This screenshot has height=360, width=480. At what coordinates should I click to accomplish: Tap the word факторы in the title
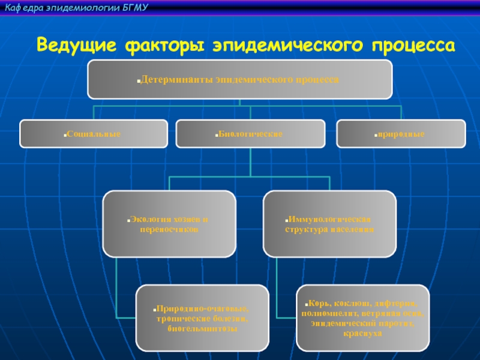click(159, 45)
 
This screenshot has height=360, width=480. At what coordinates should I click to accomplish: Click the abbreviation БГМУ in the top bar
click(134, 7)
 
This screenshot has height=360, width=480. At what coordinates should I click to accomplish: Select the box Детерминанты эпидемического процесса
click(239, 79)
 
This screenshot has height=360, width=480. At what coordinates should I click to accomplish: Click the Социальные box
click(94, 133)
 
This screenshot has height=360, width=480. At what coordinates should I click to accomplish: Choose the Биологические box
click(250, 133)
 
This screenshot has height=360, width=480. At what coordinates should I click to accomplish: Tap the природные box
click(401, 133)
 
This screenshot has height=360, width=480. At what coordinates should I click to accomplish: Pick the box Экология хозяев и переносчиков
click(169, 224)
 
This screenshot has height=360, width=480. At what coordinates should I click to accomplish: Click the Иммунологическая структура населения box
click(329, 224)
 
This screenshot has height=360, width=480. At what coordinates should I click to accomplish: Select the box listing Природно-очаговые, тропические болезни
click(202, 318)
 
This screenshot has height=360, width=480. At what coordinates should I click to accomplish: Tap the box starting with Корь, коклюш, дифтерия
click(363, 318)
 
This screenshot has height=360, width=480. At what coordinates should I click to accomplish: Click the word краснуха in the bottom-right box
click(363, 332)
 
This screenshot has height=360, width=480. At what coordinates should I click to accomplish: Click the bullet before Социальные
click(64, 134)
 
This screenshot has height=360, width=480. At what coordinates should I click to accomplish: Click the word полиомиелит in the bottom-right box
click(330, 313)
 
